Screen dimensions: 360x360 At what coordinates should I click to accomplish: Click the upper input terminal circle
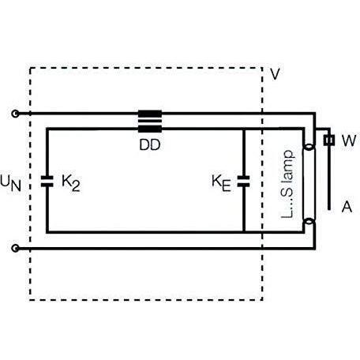point(15,114)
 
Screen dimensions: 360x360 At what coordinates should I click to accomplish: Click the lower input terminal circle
point(15,248)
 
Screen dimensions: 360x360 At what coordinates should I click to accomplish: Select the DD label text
point(150,144)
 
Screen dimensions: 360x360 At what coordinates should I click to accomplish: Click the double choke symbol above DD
point(150,122)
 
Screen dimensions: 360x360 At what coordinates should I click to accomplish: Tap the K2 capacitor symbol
point(47,182)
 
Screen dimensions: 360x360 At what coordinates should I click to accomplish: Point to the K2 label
point(71,182)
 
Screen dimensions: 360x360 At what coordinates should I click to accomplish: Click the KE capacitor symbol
point(243,182)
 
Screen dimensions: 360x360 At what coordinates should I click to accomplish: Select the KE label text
point(221,183)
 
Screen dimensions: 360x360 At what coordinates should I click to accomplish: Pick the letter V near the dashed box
point(275,74)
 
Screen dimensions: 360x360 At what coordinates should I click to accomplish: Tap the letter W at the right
point(349,141)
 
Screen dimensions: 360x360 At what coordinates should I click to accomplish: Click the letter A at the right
point(347,207)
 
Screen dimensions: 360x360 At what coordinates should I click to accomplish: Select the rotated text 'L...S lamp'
point(287,184)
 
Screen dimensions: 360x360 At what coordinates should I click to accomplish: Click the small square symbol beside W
point(329,141)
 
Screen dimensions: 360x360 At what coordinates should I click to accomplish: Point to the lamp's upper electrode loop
point(309,146)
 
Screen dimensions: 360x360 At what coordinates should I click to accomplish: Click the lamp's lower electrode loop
point(309,222)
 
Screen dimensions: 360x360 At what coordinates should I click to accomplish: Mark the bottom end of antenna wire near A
point(329,210)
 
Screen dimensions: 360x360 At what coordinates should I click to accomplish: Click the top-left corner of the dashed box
point(30,68)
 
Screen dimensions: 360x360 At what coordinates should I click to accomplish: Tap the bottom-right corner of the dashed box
point(262,299)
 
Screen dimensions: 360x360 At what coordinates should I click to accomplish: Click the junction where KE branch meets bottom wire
point(243,232)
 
